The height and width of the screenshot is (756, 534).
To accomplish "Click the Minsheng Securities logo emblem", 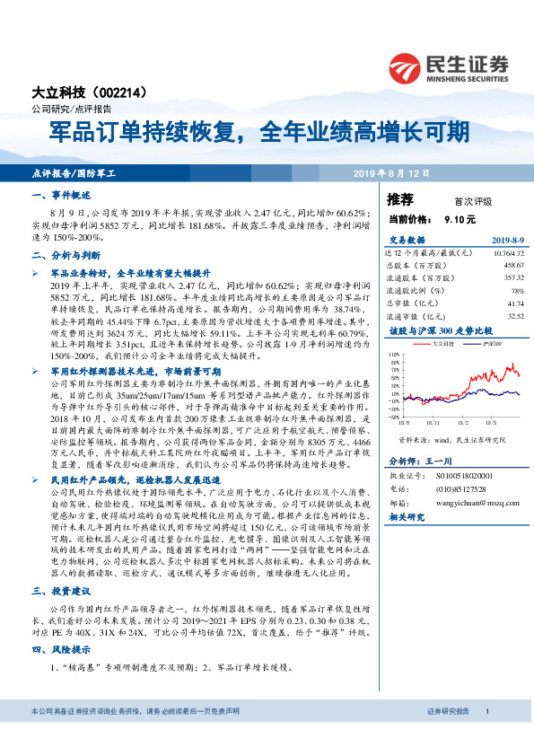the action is click(x=407, y=66).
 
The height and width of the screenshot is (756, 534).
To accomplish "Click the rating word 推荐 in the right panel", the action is click(x=400, y=198).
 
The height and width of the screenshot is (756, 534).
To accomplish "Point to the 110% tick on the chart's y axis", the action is click(x=394, y=355).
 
